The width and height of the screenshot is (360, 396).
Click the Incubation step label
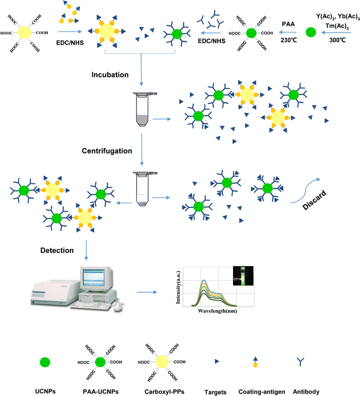coord(110,75)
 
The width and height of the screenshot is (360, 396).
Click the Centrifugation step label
coord(108,150)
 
